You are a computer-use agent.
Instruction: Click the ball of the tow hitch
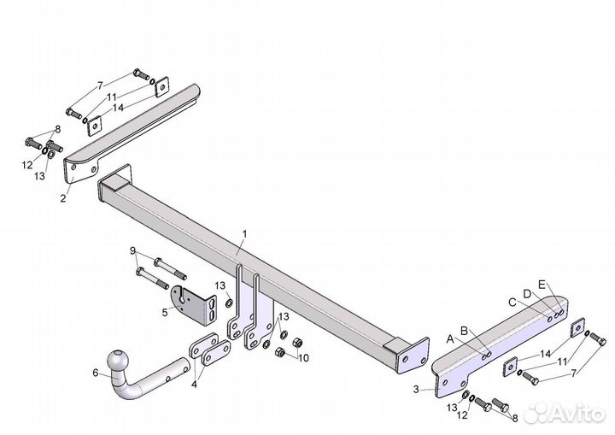(118, 360)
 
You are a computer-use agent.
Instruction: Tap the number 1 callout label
(245, 234)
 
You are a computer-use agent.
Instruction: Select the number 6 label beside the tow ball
(96, 373)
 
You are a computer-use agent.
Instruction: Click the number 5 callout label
(165, 313)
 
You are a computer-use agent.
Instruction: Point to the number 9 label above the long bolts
(132, 250)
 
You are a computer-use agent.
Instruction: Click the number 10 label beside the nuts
(303, 358)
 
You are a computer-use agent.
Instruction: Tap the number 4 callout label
(194, 385)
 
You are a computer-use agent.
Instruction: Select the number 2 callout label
(63, 198)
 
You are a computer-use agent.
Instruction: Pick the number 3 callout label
(416, 390)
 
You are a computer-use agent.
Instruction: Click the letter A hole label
(450, 339)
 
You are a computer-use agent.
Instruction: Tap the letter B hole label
(464, 331)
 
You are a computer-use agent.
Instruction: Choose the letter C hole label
(512, 303)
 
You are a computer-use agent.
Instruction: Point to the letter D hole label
(527, 294)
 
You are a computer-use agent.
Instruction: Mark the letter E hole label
(542, 285)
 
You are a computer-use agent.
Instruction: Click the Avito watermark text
(577, 414)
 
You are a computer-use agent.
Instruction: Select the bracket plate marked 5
(194, 305)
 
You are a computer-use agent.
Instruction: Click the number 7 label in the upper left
(101, 85)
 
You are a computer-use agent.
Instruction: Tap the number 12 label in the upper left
(27, 165)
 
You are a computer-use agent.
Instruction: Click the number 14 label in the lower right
(546, 354)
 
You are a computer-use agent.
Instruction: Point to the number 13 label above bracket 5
(220, 285)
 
